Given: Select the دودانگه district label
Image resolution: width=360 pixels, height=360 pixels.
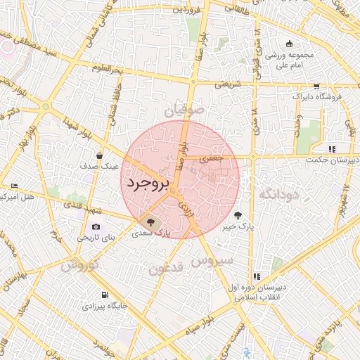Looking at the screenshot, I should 279,193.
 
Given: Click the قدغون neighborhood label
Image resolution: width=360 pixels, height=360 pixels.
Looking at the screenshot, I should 166,268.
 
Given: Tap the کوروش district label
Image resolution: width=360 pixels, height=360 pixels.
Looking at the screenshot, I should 78,266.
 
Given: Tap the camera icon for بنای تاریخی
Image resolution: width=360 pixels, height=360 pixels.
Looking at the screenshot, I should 96,227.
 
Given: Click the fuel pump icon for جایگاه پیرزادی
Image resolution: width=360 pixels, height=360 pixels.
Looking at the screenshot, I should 104,295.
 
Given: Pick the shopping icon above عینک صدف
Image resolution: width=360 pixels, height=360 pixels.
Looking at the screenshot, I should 101,155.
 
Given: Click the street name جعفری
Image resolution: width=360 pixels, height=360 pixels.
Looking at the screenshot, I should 212,160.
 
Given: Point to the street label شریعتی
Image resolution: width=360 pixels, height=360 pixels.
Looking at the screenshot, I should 228,84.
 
